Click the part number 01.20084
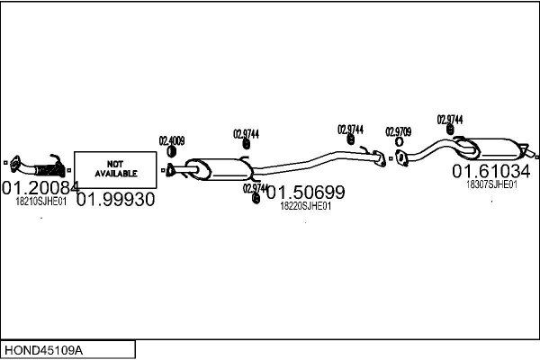40,188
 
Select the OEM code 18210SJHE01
41,202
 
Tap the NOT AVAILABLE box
115,170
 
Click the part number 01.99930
116,200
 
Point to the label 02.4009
172,140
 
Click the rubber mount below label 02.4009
171,151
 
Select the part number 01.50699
305,193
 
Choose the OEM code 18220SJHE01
305,206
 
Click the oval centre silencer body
220,169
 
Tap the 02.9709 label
398,131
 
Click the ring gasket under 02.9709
399,141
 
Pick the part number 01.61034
491,171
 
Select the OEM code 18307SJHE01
491,184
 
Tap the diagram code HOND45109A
43,350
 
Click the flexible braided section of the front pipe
49,170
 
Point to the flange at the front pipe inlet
14,164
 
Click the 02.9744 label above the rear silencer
450,120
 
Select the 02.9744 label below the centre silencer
256,188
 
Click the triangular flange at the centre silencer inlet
170,170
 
